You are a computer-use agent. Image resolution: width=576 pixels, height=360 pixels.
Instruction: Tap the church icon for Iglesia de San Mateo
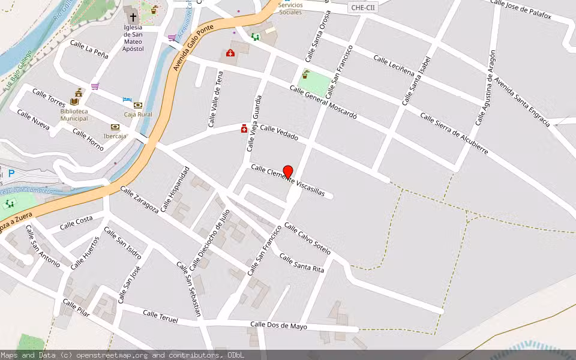133,17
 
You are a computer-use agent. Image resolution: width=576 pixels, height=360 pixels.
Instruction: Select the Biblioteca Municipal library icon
74,101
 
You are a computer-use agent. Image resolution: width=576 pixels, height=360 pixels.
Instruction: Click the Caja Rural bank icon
138,105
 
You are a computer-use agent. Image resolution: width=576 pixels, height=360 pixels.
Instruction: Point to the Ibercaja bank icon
115,127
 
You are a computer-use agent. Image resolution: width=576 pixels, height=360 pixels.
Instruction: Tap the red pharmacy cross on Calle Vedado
244,128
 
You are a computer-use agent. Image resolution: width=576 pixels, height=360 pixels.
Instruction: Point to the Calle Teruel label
160,316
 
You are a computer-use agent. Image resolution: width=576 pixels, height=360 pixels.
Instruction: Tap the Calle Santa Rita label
302,263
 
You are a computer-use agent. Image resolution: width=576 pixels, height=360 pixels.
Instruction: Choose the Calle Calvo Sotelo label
307,238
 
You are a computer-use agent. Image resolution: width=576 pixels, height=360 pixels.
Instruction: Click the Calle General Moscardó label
323,101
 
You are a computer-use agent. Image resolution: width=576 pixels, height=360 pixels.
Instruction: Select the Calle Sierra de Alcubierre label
454,133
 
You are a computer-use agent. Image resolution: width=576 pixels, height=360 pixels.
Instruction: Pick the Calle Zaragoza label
139,200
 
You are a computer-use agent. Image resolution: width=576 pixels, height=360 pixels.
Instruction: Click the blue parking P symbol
11,174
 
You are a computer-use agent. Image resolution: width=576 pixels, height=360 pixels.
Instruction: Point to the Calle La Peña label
89,49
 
